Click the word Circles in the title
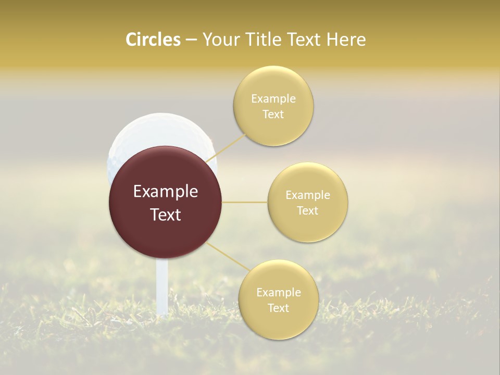153,40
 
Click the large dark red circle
165,229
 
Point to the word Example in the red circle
166,192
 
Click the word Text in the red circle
166,214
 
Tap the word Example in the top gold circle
273,99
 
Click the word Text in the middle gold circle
308,210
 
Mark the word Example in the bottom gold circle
279,293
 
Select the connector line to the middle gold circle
245,202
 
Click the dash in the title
191,40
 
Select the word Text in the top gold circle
273,115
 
